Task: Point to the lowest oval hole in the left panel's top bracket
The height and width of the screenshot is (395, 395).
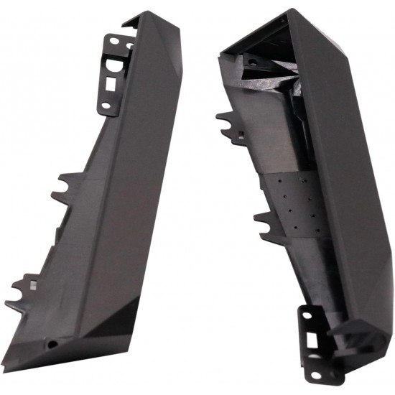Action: (x=106, y=106)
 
